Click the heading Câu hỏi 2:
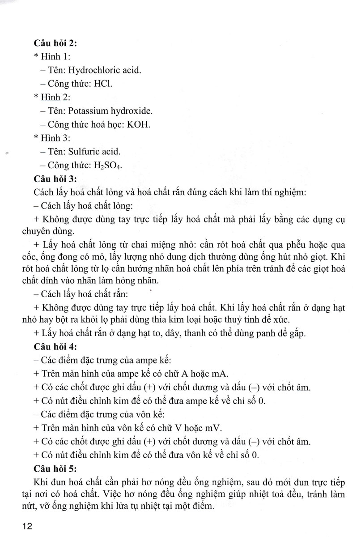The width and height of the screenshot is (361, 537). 55,44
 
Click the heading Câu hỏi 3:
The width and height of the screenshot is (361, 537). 55,179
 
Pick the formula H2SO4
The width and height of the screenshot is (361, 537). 107,166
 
